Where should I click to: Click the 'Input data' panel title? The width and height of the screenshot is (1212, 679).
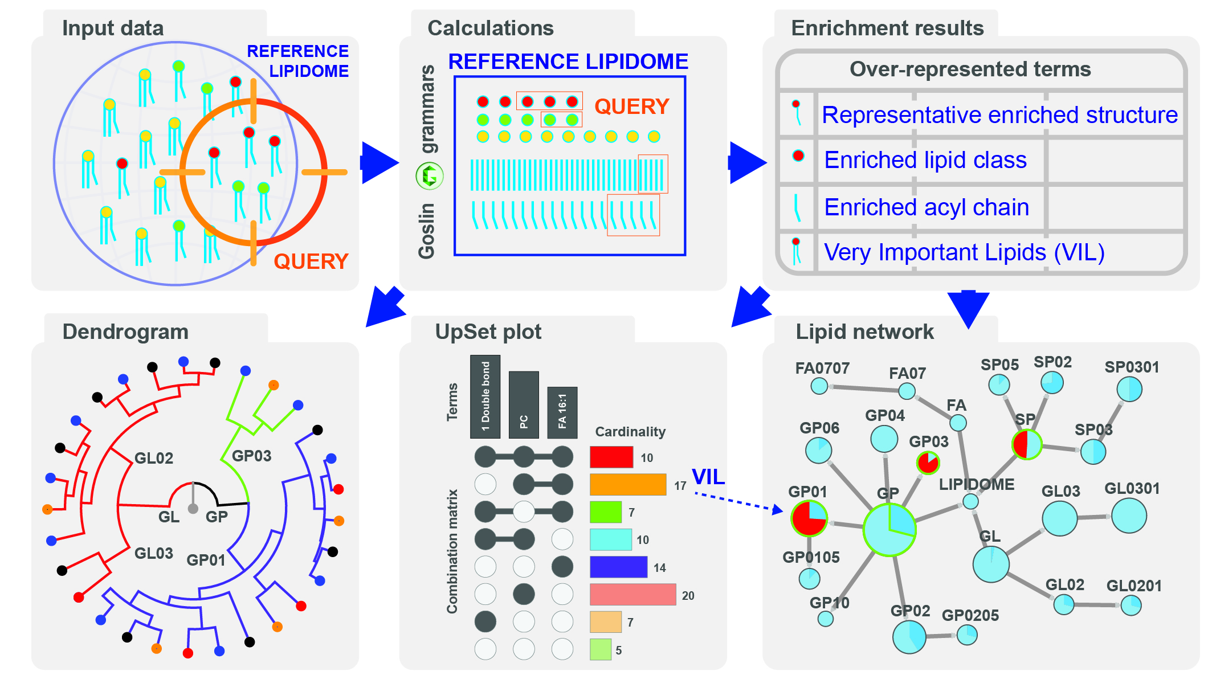click(113, 28)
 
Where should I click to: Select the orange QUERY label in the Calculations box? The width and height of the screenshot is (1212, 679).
click(631, 107)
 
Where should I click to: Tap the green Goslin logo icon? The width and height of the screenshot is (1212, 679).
click(430, 175)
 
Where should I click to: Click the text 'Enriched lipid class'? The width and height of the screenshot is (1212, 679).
click(925, 160)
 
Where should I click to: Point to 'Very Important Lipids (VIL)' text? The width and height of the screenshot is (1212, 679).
click(964, 252)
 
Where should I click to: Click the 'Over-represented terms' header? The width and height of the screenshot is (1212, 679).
click(970, 69)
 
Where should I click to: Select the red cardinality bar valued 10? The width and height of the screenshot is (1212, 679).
click(611, 457)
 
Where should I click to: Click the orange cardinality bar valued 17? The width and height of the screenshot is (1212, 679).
click(628, 485)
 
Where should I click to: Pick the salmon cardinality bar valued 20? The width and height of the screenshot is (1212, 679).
click(632, 595)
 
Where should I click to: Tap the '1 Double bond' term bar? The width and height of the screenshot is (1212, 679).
click(485, 396)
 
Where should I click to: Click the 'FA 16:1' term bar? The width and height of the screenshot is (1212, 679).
click(562, 412)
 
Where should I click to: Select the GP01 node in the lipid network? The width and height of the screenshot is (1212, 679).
click(809, 518)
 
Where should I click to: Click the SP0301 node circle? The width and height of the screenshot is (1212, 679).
click(1129, 390)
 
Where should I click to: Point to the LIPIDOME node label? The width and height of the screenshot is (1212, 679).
click(977, 485)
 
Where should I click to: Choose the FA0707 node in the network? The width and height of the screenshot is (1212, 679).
click(819, 386)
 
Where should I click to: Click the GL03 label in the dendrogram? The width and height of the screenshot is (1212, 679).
click(154, 553)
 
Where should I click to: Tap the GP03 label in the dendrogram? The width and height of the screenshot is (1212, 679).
click(251, 456)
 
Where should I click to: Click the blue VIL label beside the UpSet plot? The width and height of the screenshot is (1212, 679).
click(708, 477)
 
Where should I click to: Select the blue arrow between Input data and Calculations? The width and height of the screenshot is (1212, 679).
click(379, 163)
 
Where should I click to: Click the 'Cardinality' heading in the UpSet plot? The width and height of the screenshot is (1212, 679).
click(630, 432)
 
